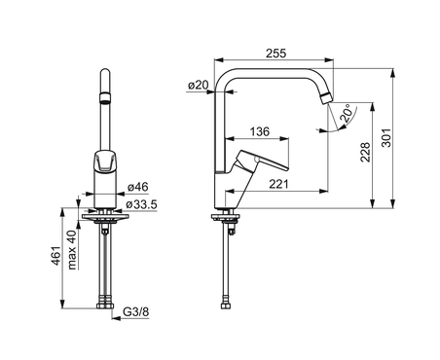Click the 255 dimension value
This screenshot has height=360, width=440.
pos(276,54)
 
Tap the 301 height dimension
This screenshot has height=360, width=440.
pos(386,138)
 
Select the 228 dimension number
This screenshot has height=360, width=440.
pos(365,152)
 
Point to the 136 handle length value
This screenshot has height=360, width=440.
pos(260,131)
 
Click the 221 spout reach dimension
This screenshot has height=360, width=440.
pos(278,184)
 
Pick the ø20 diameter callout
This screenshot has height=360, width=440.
pos(199,85)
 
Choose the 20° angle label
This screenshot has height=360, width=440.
pos(347,113)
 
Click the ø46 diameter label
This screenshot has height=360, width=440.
pos(138,187)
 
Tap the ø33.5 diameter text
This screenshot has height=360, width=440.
pos(141,204)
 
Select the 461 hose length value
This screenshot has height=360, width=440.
pos(56,256)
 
